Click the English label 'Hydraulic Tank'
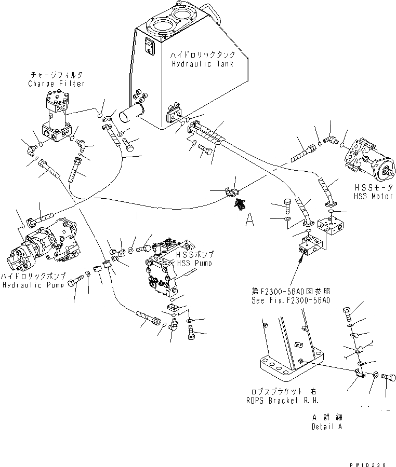[203, 63]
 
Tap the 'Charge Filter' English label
[57, 84]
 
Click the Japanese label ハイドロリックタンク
[203, 54]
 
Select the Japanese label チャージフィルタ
[56, 75]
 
